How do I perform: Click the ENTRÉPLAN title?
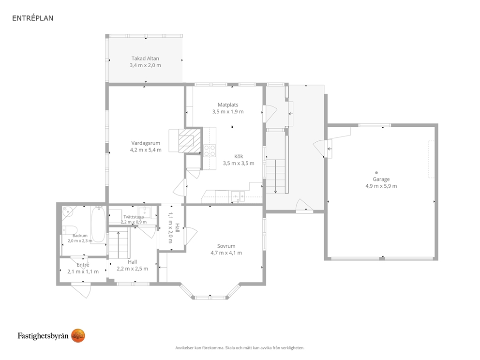point(33,18)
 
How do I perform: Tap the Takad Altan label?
point(146,58)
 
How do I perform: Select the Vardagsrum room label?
point(146,143)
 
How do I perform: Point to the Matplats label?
point(228,105)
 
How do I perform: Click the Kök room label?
point(239,156)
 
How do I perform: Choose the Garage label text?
point(381,180)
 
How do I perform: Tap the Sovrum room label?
point(226,246)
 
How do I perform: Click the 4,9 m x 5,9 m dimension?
point(381,186)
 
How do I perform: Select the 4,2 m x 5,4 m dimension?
point(146,150)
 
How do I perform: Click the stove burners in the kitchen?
point(210,151)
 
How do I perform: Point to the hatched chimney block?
point(190,140)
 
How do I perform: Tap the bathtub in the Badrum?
point(98,224)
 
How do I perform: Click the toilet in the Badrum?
point(70,230)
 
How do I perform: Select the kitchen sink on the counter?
point(238,196)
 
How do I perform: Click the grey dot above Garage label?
point(376,173)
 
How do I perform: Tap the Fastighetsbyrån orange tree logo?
point(78,336)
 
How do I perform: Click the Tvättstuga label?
point(134,217)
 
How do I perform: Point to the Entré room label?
point(83,265)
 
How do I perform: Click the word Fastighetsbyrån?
point(43,336)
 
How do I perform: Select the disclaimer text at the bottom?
point(240,348)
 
